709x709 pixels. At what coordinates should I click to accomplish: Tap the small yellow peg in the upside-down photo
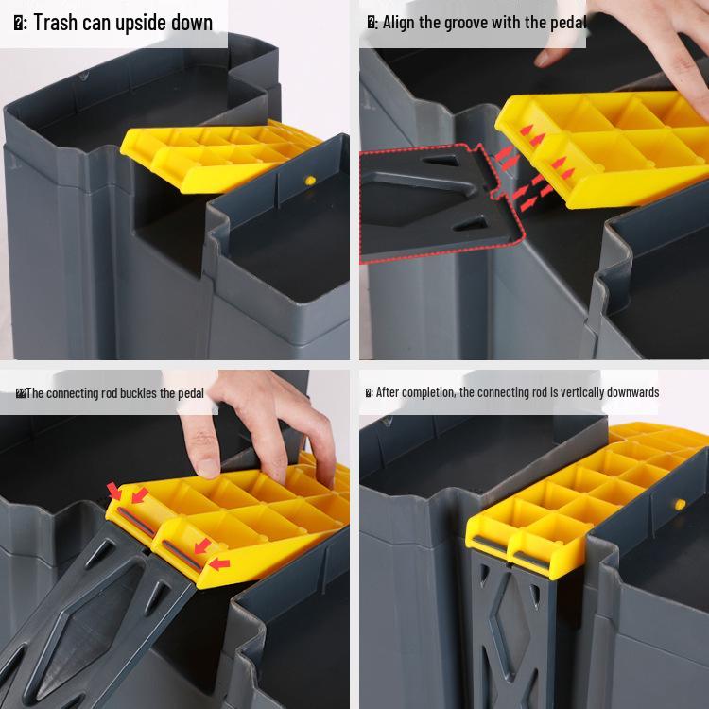pos(309,179)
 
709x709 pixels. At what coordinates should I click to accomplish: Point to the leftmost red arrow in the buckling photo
pos(114,490)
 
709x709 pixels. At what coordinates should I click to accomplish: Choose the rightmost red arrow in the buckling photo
pos(218,565)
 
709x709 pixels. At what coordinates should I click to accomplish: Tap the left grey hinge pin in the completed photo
pos(487,545)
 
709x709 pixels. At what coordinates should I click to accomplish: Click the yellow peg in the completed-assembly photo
pos(679,504)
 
